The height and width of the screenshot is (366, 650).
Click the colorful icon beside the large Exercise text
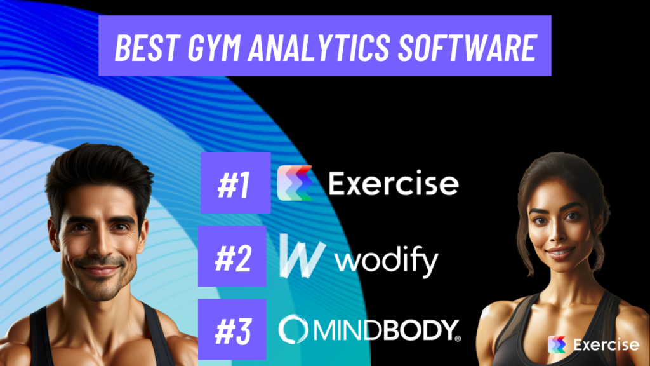pyautogui.click(x=295, y=183)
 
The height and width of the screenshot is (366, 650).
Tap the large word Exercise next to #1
pyautogui.click(x=393, y=184)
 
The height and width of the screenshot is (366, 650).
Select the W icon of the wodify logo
pyautogui.click(x=302, y=257)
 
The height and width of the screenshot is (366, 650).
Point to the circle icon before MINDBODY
pyautogui.click(x=293, y=328)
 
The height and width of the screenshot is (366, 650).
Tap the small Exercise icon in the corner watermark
pyautogui.click(x=557, y=345)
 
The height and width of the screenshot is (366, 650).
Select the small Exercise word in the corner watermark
pyautogui.click(x=605, y=345)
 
